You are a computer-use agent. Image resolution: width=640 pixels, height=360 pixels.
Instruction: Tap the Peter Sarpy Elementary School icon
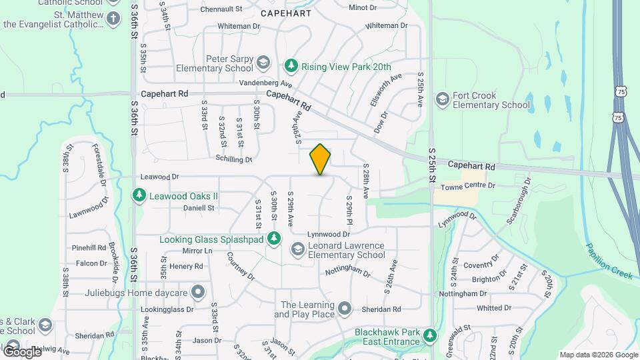263,63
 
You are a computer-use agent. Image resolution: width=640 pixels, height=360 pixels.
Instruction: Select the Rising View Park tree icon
291,65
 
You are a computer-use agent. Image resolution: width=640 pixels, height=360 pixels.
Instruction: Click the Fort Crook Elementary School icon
441,100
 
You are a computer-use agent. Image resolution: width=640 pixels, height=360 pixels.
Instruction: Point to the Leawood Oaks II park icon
139,196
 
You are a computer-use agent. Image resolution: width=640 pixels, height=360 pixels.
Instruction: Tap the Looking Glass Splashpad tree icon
274,238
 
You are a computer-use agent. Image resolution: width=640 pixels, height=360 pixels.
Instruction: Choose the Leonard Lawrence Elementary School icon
298,249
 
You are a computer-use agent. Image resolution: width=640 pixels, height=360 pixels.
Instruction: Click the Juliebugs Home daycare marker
197,292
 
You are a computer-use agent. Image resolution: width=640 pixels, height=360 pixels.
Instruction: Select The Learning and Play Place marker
344,309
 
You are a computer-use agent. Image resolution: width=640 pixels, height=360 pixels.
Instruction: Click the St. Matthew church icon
113,18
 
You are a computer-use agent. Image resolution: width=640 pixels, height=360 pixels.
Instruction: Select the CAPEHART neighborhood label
286,13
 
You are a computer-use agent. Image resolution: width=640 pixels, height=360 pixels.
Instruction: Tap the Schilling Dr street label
233,160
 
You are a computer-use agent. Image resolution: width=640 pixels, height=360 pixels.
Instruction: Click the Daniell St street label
199,208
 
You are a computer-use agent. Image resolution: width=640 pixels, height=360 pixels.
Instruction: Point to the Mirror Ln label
197,251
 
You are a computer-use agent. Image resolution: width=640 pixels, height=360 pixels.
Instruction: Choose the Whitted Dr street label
493,308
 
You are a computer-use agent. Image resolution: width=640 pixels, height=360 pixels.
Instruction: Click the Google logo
22,351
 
